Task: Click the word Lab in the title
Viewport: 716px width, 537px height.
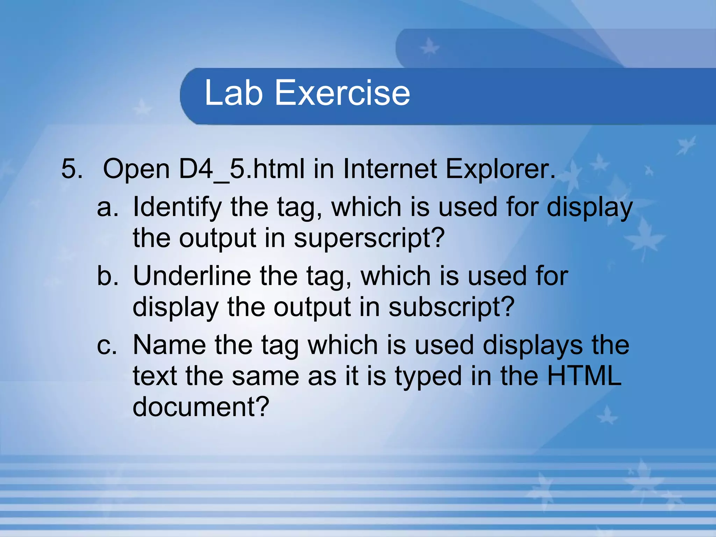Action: coord(233,93)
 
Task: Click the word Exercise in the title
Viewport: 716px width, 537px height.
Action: coord(342,93)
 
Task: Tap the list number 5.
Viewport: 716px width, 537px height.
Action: coord(72,169)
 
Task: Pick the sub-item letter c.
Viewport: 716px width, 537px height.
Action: coord(107,345)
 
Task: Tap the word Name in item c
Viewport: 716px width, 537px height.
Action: coord(170,345)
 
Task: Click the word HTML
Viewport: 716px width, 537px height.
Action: coord(584,376)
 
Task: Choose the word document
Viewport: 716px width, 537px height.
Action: coord(201,407)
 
